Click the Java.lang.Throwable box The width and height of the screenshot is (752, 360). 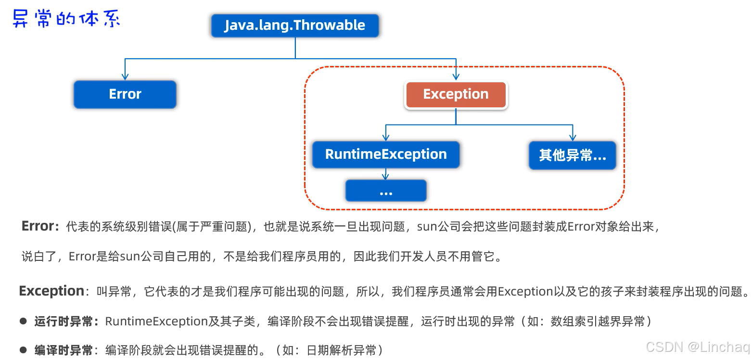point(295,26)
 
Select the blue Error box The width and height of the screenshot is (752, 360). point(125,94)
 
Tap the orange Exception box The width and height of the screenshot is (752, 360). point(456,94)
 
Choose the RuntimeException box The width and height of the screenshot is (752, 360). point(386,154)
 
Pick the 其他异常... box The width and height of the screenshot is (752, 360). point(572,155)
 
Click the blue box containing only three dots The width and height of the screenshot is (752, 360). point(386,191)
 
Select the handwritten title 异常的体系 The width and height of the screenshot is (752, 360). point(66,20)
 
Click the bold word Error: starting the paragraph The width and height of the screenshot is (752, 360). point(40,227)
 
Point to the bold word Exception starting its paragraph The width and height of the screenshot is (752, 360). point(51,291)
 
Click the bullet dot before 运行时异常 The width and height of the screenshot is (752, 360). point(23,321)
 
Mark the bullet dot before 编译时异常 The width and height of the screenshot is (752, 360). point(23,349)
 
